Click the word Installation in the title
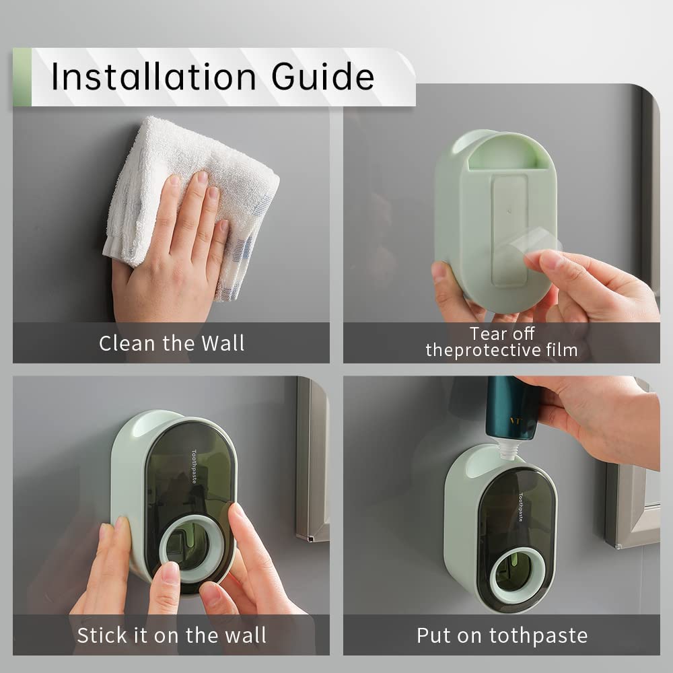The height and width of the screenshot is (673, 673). coord(153,77)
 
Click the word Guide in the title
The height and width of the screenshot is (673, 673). coord(323,77)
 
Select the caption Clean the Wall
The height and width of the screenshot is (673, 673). coord(172,343)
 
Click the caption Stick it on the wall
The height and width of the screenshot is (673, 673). coord(172,635)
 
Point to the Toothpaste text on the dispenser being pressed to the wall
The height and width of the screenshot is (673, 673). coord(194,466)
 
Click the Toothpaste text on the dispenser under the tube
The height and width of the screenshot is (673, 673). coord(521,507)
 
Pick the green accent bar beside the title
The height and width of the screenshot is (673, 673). coord(22,77)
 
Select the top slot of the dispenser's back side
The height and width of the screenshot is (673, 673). coord(502,158)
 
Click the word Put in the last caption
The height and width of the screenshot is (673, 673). coord(433,636)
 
